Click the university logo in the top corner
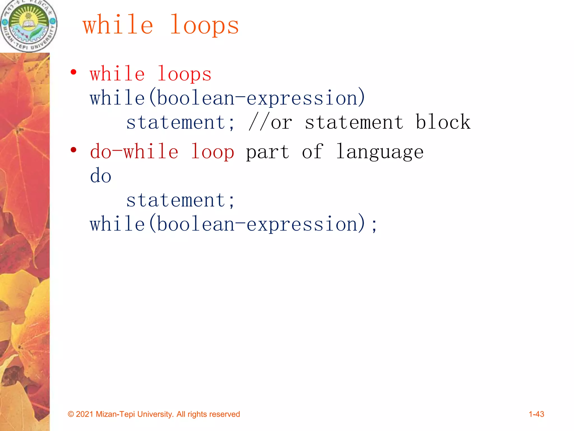[29, 26]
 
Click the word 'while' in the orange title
[118, 25]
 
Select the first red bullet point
[73, 72]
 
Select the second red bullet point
[73, 150]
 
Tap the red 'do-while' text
[134, 152]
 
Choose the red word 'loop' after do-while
[212, 152]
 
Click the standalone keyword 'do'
[101, 176]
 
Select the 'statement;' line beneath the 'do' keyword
[180, 200]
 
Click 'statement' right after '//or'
[354, 122]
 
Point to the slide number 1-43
[536, 414]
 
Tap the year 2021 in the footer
[84, 414]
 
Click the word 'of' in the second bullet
[312, 152]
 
